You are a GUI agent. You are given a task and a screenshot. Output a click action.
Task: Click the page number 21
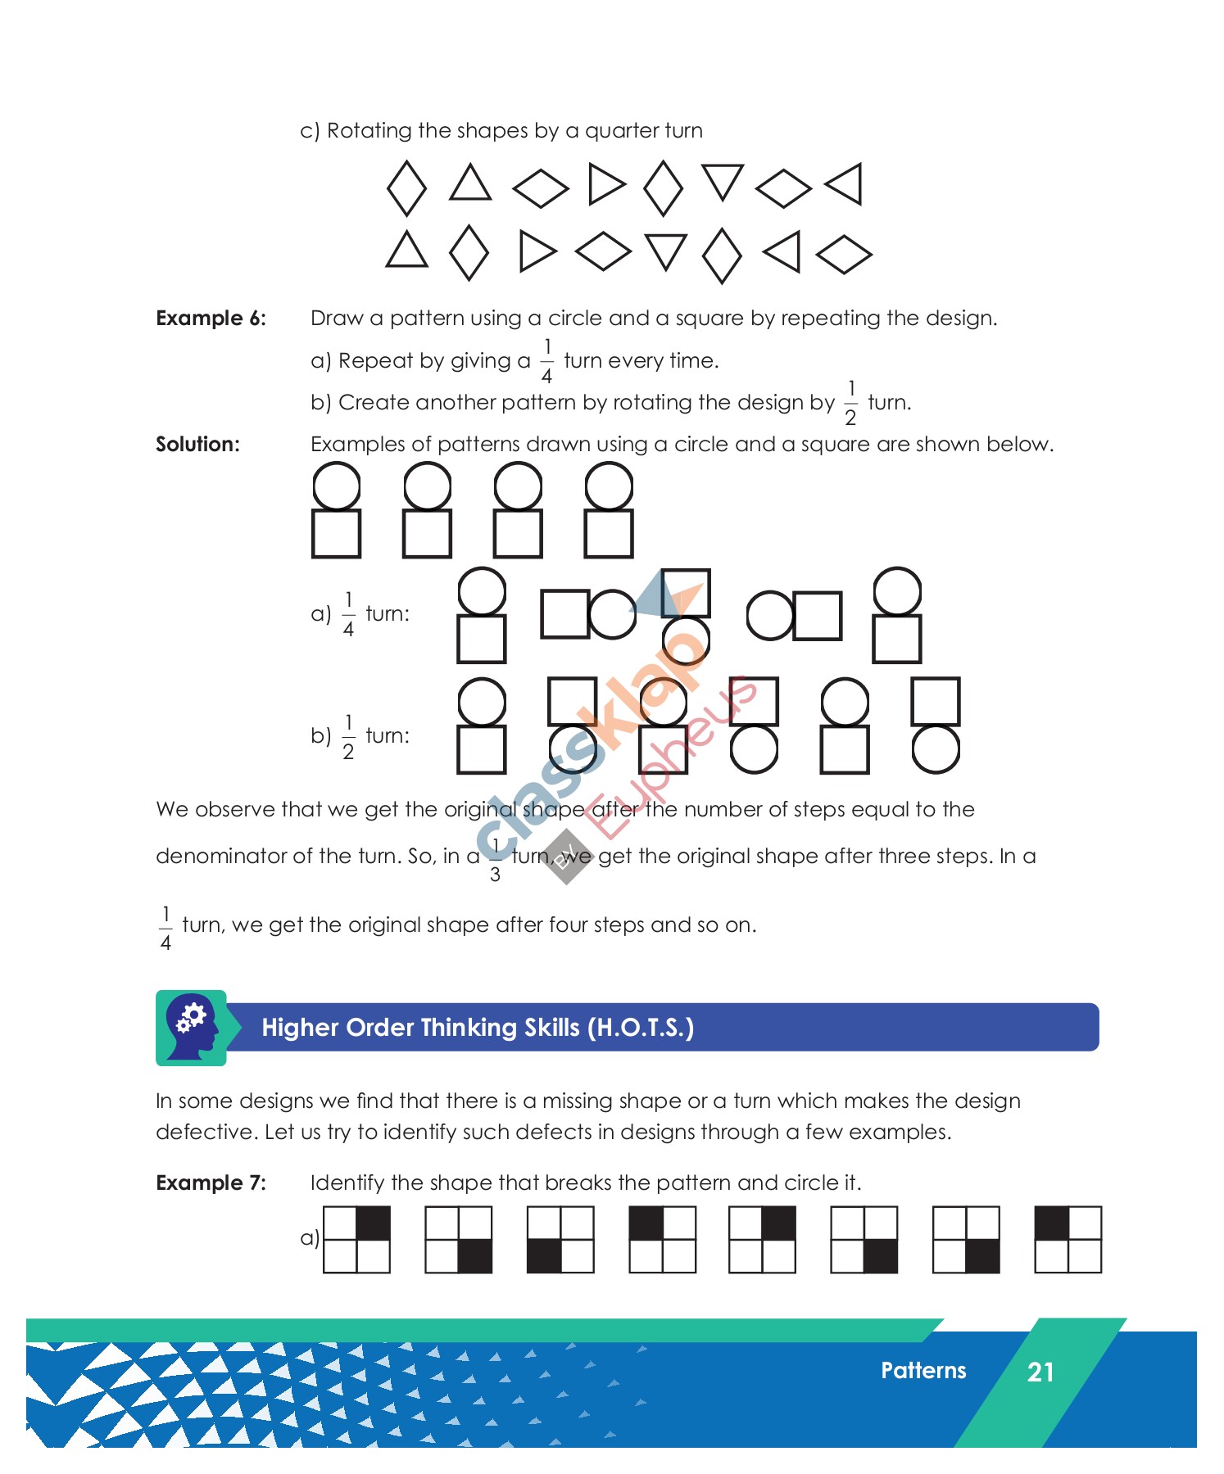[x=1040, y=1372]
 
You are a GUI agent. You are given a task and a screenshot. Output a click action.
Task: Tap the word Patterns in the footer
[x=923, y=1370]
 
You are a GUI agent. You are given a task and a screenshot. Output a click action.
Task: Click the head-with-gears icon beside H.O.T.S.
[x=192, y=1027]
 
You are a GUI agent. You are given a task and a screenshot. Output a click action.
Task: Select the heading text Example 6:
[x=211, y=318]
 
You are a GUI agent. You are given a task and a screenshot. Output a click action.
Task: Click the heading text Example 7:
[x=211, y=1182]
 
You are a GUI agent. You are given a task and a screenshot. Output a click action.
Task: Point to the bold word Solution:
[x=197, y=444]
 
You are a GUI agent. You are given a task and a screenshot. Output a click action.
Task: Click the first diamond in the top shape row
[x=406, y=188]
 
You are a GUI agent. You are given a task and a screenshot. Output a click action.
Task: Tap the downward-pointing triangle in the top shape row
[x=723, y=181]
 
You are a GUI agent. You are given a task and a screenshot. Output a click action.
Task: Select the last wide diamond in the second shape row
[x=844, y=255]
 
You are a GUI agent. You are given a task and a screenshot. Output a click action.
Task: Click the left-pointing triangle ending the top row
[x=845, y=184]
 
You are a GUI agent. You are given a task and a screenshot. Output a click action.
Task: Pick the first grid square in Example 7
[x=356, y=1239]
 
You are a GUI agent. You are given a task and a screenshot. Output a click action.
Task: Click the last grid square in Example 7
[x=1068, y=1239]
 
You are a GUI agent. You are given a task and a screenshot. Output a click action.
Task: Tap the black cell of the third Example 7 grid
[x=544, y=1255]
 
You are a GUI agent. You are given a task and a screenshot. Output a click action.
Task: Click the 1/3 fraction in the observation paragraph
[x=495, y=859]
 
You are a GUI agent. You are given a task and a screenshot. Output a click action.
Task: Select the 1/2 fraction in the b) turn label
[x=348, y=736]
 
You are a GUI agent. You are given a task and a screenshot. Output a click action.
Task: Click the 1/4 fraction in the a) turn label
[x=348, y=613]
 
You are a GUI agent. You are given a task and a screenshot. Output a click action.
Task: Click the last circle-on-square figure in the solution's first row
[x=609, y=509]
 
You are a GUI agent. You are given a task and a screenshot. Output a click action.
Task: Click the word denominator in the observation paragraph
[x=220, y=856]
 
